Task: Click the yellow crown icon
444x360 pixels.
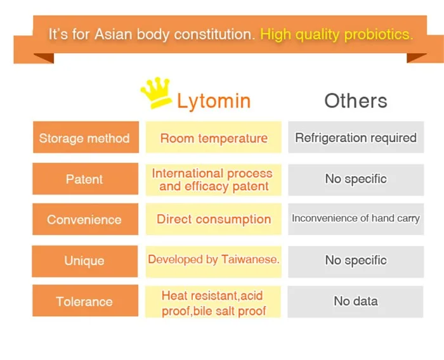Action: (x=156, y=94)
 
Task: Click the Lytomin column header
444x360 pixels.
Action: (x=213, y=101)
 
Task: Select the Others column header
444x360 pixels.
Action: (x=355, y=101)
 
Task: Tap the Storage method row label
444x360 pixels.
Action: (x=85, y=138)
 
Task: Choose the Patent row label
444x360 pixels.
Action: (x=85, y=179)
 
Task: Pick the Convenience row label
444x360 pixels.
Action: (x=85, y=220)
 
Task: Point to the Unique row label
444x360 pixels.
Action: (x=85, y=260)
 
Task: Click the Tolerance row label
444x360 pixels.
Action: (x=85, y=301)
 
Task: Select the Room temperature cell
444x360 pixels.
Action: (x=214, y=138)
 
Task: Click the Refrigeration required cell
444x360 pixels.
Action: (x=355, y=138)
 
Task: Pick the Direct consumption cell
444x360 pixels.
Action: (x=214, y=220)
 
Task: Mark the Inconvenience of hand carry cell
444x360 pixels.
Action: (x=355, y=219)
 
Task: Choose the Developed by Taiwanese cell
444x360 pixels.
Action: (x=214, y=260)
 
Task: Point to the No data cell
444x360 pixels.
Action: (x=355, y=301)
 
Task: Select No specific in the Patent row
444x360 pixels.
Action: (x=355, y=179)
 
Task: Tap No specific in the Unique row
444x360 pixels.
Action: (x=355, y=260)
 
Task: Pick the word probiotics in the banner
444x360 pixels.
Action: (x=377, y=34)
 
